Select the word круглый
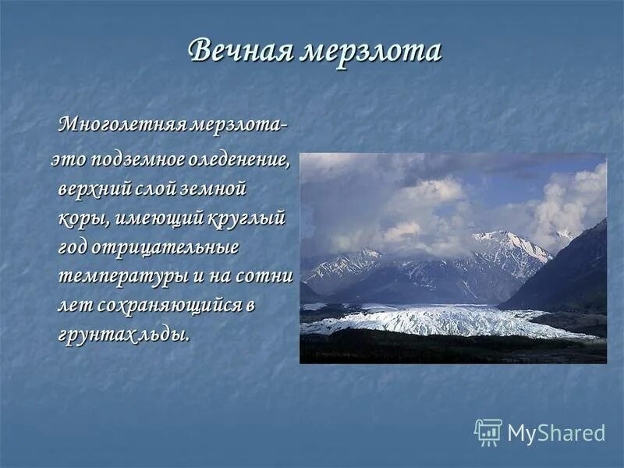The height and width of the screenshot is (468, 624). pyautogui.click(x=246, y=218)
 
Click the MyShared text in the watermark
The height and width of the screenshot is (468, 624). pyautogui.click(x=555, y=434)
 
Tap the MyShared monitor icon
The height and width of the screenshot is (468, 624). pyautogui.click(x=487, y=432)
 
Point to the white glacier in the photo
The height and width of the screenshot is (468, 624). pyautogui.click(x=437, y=320)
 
